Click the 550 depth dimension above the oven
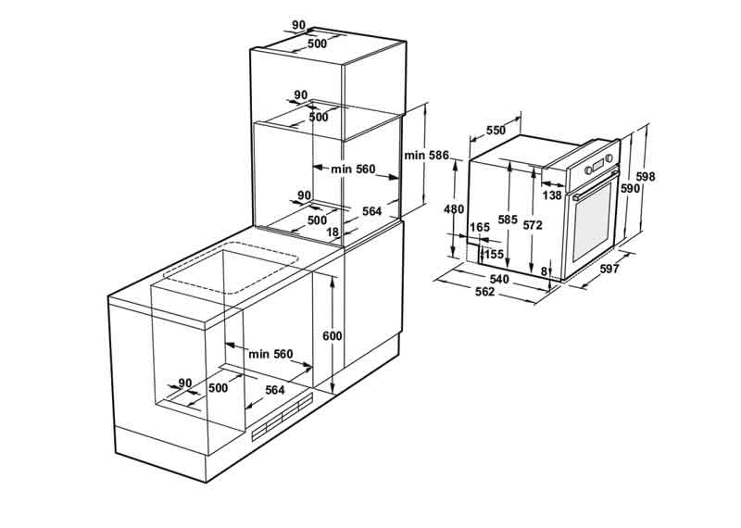click(496, 130)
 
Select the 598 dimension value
click(646, 177)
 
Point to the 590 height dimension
click(630, 188)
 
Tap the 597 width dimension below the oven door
click(609, 269)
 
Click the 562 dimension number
click(484, 292)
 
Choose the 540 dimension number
click(499, 280)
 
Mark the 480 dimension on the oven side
click(454, 208)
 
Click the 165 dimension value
click(480, 228)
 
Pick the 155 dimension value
click(495, 255)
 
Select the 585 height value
click(508, 220)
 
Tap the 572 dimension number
click(533, 225)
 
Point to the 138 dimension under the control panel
click(552, 195)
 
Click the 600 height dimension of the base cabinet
click(333, 336)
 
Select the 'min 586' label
click(426, 155)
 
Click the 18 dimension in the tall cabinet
click(333, 233)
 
